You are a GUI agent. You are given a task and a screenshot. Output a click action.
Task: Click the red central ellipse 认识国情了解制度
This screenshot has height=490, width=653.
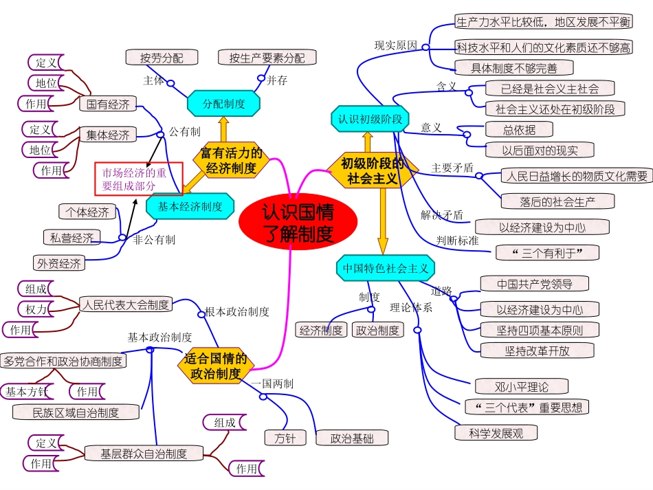click(x=298, y=223)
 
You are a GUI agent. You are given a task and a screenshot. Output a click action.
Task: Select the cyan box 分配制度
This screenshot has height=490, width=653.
click(x=224, y=104)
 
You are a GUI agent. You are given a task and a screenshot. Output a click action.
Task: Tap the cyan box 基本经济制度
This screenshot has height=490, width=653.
click(x=190, y=206)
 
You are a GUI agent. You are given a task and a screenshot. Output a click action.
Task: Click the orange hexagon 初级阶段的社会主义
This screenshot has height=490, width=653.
click(x=372, y=170)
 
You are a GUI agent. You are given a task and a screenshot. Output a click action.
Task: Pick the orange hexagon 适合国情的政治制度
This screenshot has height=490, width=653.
click(x=216, y=366)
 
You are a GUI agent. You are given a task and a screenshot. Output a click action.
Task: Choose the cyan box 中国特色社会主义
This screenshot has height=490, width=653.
click(x=386, y=268)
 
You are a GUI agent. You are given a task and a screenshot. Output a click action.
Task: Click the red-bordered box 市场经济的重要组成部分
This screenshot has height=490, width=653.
click(x=138, y=179)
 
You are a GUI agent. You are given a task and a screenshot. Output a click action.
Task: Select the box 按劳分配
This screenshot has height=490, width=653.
click(x=162, y=58)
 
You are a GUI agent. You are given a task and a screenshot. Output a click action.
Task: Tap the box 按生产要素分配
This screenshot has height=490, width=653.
click(x=267, y=58)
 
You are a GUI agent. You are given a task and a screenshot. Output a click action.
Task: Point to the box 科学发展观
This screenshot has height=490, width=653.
click(x=496, y=433)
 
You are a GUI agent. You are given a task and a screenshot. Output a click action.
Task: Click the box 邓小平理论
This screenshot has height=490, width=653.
click(x=512, y=386)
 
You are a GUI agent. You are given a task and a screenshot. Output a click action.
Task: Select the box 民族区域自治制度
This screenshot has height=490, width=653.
click(x=76, y=412)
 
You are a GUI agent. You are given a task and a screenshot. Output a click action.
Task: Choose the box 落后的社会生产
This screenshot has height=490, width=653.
click(x=557, y=201)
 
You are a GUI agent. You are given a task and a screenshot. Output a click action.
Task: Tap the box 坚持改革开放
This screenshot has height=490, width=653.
click(x=537, y=350)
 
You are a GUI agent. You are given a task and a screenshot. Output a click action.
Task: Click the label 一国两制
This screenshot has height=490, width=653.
click(x=272, y=383)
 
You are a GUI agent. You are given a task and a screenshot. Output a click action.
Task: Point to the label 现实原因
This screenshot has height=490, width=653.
click(x=395, y=45)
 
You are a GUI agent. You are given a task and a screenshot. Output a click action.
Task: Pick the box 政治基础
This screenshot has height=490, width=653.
click(x=351, y=438)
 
